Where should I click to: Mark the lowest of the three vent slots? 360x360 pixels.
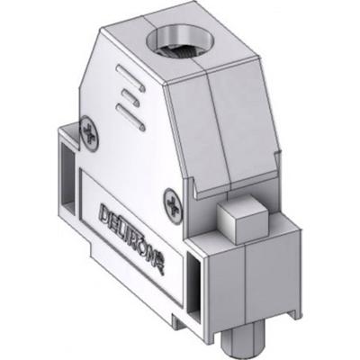131,112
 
